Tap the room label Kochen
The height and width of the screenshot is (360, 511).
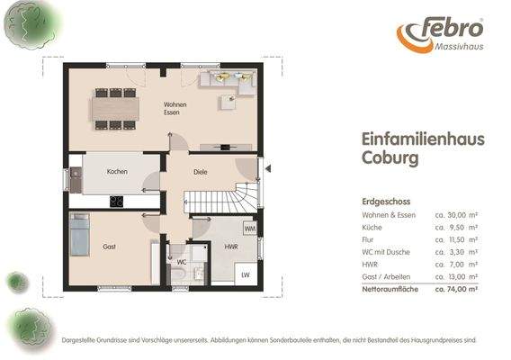click(x=117, y=171)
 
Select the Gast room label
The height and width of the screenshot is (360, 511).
click(x=110, y=246)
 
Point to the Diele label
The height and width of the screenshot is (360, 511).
click(x=201, y=171)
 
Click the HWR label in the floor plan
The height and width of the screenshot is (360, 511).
click(x=231, y=246)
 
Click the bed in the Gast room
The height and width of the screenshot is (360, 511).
click(x=79, y=233)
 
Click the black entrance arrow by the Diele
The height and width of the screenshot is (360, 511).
click(x=267, y=166)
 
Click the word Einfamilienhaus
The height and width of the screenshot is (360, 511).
click(x=409, y=139)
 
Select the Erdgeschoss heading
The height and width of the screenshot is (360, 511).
click(x=387, y=202)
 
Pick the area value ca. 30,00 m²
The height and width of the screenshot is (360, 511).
click(x=455, y=216)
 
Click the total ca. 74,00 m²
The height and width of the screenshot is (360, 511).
click(x=455, y=291)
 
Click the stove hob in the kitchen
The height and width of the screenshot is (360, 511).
click(x=116, y=201)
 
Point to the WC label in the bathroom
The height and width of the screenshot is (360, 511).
click(x=182, y=263)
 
